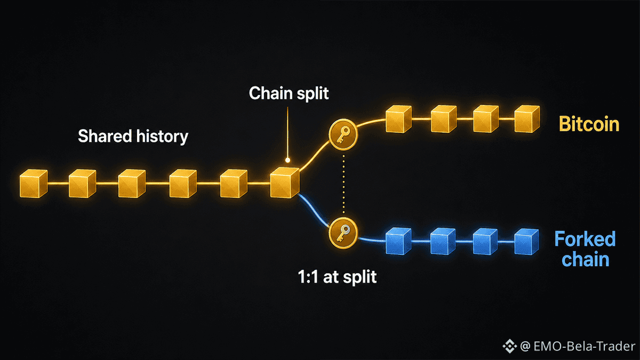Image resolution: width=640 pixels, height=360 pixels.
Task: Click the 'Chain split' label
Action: [x=289, y=93]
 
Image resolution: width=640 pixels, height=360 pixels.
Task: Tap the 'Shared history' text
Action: [x=133, y=136]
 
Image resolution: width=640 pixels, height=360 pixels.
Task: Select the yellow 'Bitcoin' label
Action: [x=589, y=124]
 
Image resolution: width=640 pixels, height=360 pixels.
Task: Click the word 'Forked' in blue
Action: [x=585, y=239]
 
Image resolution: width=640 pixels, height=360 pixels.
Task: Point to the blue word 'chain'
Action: [x=586, y=259]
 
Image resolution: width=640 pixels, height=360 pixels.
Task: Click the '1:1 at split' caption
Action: [x=337, y=277]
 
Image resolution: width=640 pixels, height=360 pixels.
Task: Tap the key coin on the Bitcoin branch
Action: [x=343, y=134]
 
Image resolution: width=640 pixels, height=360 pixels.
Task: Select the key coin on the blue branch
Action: [x=343, y=233]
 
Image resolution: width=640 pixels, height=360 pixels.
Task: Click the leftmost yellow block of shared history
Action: [x=34, y=183]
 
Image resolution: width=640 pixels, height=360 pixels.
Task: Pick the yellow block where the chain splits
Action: [x=285, y=182]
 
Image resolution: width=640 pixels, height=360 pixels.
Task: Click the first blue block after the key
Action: [x=398, y=241]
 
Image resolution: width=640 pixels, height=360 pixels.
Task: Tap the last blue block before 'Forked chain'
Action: [x=526, y=242]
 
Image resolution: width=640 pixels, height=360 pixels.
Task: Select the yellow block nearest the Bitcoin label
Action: [x=527, y=119]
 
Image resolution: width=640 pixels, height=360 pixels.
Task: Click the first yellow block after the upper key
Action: [x=398, y=119]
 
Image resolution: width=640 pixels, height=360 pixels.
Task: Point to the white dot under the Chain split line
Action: [x=287, y=161]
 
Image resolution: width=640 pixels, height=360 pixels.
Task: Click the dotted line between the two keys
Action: [x=343, y=184]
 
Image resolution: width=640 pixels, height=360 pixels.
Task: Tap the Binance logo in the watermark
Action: [x=510, y=346]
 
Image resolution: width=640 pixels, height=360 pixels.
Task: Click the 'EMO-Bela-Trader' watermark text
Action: [x=585, y=346]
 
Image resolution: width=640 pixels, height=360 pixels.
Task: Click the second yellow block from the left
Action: [x=82, y=183]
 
